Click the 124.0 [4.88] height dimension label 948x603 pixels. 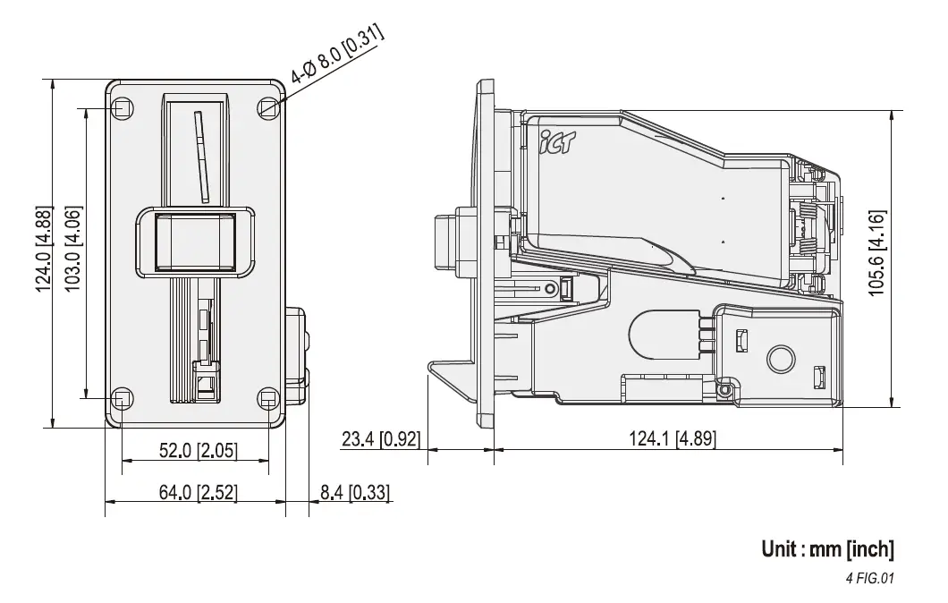click(43, 253)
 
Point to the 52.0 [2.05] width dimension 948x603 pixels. click(198, 451)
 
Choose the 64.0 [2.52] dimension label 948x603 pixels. click(198, 493)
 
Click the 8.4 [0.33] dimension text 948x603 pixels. click(354, 493)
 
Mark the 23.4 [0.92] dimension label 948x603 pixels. click(380, 439)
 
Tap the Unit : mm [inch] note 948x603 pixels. click(827, 548)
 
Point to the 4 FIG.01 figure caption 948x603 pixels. click(869, 578)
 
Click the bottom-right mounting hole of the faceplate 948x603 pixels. click(267, 397)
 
